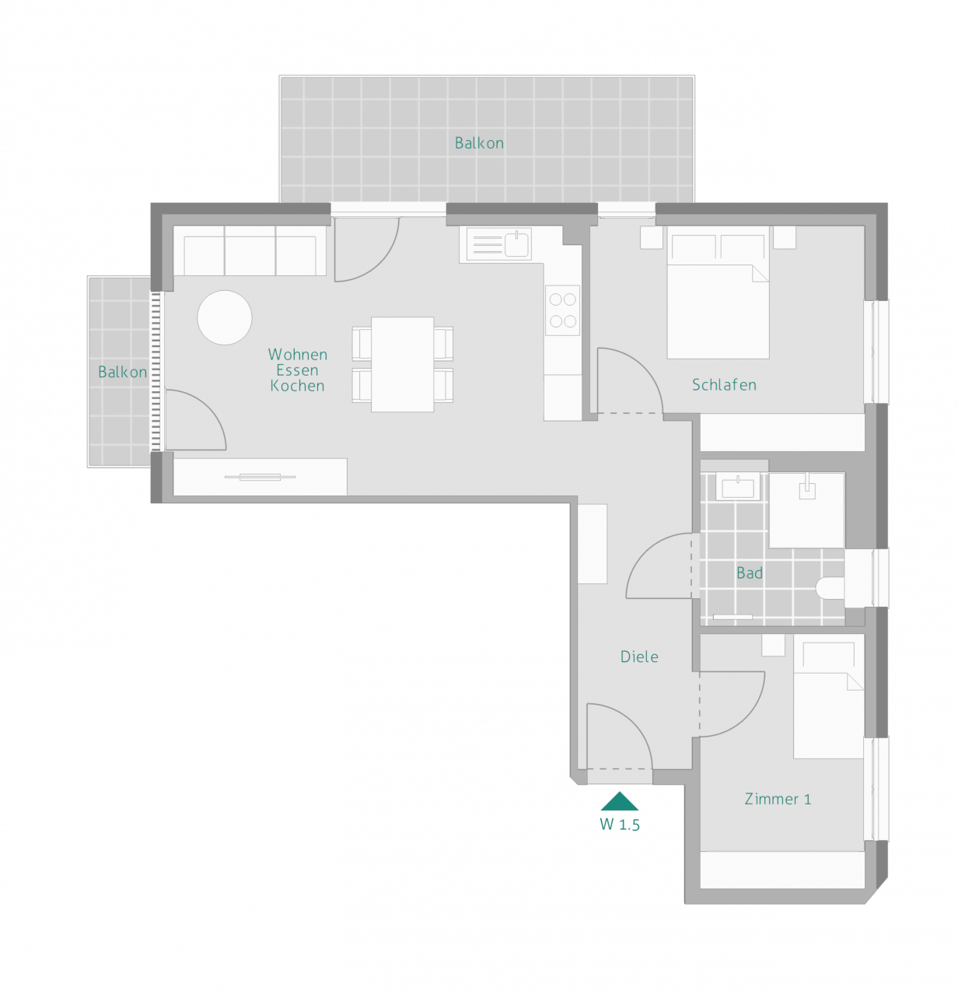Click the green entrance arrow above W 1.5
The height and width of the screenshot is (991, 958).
pyautogui.click(x=619, y=801)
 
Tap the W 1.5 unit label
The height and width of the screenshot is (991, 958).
pyautogui.click(x=620, y=825)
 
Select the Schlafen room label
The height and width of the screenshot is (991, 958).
pyautogui.click(x=724, y=385)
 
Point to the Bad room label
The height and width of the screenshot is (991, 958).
pyautogui.click(x=750, y=573)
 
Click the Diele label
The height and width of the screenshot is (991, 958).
pyautogui.click(x=639, y=657)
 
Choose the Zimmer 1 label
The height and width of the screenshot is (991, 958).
pyautogui.click(x=778, y=799)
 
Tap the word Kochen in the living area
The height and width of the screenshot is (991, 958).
pyautogui.click(x=297, y=386)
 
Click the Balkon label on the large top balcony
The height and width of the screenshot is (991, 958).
pyautogui.click(x=479, y=143)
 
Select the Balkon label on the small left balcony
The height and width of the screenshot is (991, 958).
pyautogui.click(x=123, y=372)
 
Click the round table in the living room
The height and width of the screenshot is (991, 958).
pyautogui.click(x=225, y=317)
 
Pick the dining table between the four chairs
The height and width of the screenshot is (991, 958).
pyautogui.click(x=402, y=364)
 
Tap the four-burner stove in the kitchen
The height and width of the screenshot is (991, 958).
pyautogui.click(x=562, y=310)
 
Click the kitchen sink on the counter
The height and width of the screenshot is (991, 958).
pyautogui.click(x=516, y=244)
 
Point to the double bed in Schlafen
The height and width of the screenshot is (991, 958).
pyautogui.click(x=718, y=292)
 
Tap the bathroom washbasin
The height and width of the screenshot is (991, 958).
pyautogui.click(x=738, y=487)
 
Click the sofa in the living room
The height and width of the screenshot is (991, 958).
pyautogui.click(x=250, y=250)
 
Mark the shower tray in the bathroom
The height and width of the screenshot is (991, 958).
pyautogui.click(x=807, y=510)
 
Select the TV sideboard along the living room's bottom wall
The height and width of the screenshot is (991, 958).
pyautogui.click(x=260, y=477)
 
